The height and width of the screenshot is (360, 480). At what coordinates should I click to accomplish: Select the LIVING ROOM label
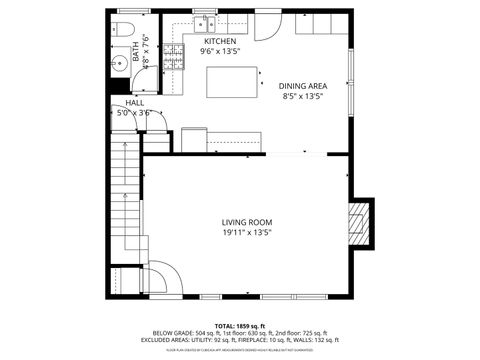click(x=246, y=222)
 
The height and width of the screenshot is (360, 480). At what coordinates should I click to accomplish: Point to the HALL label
click(x=133, y=104)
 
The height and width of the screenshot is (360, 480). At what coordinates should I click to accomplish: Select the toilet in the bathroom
click(x=123, y=27)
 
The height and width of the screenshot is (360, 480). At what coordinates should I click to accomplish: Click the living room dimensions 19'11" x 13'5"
click(x=246, y=232)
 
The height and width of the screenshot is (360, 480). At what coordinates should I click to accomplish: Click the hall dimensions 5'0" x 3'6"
click(x=133, y=113)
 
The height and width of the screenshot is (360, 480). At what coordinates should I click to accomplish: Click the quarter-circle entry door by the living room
click(x=162, y=275)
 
